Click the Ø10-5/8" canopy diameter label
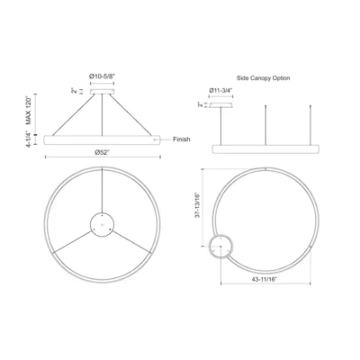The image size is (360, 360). point(102,76)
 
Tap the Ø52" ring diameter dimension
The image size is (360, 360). point(103,152)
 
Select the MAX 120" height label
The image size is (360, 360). point(29,110)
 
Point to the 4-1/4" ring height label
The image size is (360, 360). point(29,139)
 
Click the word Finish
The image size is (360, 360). point(182,139)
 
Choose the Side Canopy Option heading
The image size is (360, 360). point(264,78)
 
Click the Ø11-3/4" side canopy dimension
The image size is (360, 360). point(221,90)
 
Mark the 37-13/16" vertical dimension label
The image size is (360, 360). point(197,205)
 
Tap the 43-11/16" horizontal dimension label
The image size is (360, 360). point(265,279)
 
